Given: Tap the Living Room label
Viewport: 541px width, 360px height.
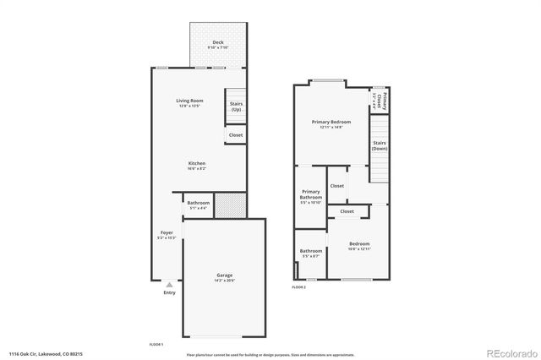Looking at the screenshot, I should click(x=190, y=101).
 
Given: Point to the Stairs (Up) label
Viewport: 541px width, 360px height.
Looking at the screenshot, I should click(x=236, y=106).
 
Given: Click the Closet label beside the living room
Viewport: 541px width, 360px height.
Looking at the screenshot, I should click(x=236, y=134).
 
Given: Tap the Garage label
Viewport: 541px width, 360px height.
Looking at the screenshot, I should click(x=224, y=276).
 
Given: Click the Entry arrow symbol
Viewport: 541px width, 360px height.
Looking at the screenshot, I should click(x=169, y=285).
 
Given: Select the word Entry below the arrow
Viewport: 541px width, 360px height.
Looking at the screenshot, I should click(x=169, y=293).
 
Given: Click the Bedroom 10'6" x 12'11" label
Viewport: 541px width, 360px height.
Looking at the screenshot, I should click(x=359, y=245).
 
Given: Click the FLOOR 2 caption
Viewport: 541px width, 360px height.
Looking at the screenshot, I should click(x=298, y=287).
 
